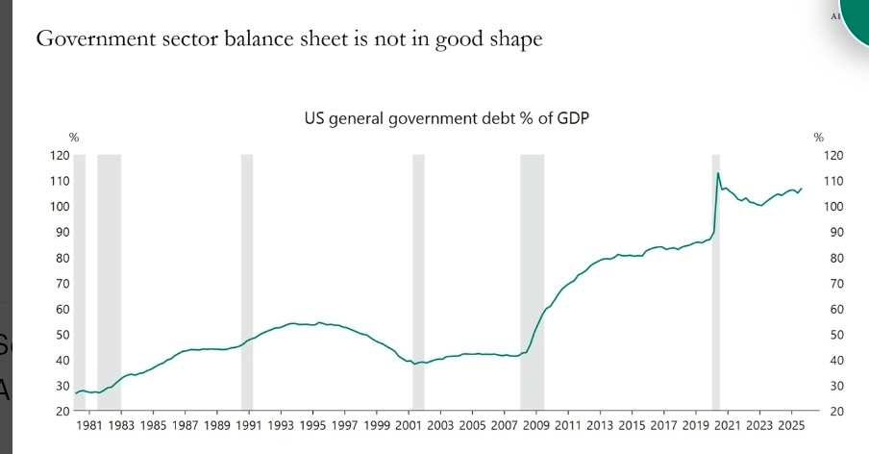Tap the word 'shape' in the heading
515,41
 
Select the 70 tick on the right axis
833,284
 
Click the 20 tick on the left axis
62,412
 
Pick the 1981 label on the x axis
89,424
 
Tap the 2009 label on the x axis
536,424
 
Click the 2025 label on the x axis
791,424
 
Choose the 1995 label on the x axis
312,424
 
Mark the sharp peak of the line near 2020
718,173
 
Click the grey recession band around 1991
246,289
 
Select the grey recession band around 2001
418,289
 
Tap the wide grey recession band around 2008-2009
532,289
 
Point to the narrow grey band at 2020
715,289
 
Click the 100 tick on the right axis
833,207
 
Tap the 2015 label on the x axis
632,424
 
